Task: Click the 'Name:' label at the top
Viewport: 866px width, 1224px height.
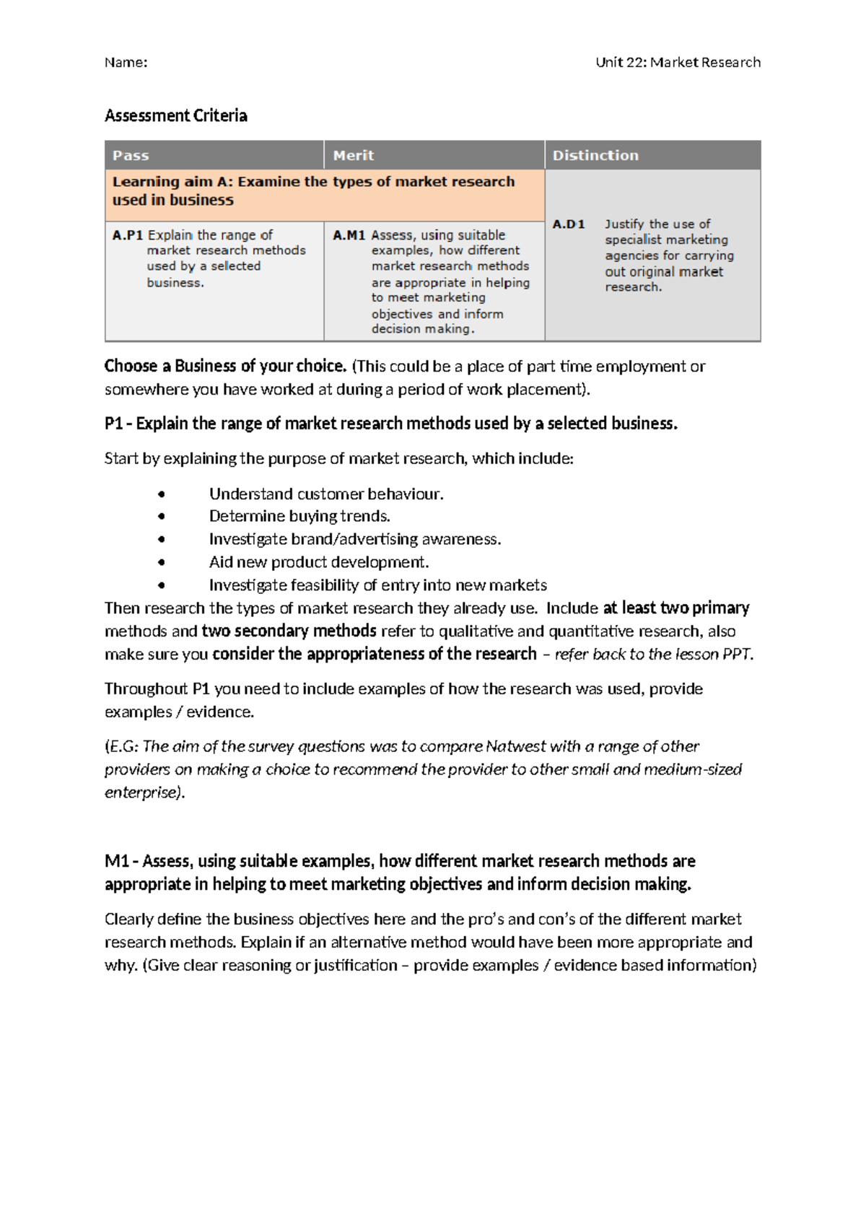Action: point(126,63)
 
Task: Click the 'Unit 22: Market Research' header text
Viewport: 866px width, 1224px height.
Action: point(678,63)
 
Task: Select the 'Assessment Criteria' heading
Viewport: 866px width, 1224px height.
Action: point(175,115)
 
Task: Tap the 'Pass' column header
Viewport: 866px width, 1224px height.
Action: point(131,155)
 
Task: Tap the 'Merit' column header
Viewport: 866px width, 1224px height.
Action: point(353,155)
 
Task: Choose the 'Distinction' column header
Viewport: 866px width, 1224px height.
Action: point(595,155)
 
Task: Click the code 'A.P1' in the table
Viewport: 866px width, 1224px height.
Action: point(128,235)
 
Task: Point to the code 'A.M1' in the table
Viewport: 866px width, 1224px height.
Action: point(349,235)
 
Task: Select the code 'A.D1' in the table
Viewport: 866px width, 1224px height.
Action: point(569,224)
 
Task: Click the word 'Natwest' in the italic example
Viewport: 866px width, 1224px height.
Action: point(512,746)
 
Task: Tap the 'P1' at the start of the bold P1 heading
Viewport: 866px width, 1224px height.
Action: point(113,424)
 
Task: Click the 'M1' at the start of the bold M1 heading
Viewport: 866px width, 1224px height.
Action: point(116,861)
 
